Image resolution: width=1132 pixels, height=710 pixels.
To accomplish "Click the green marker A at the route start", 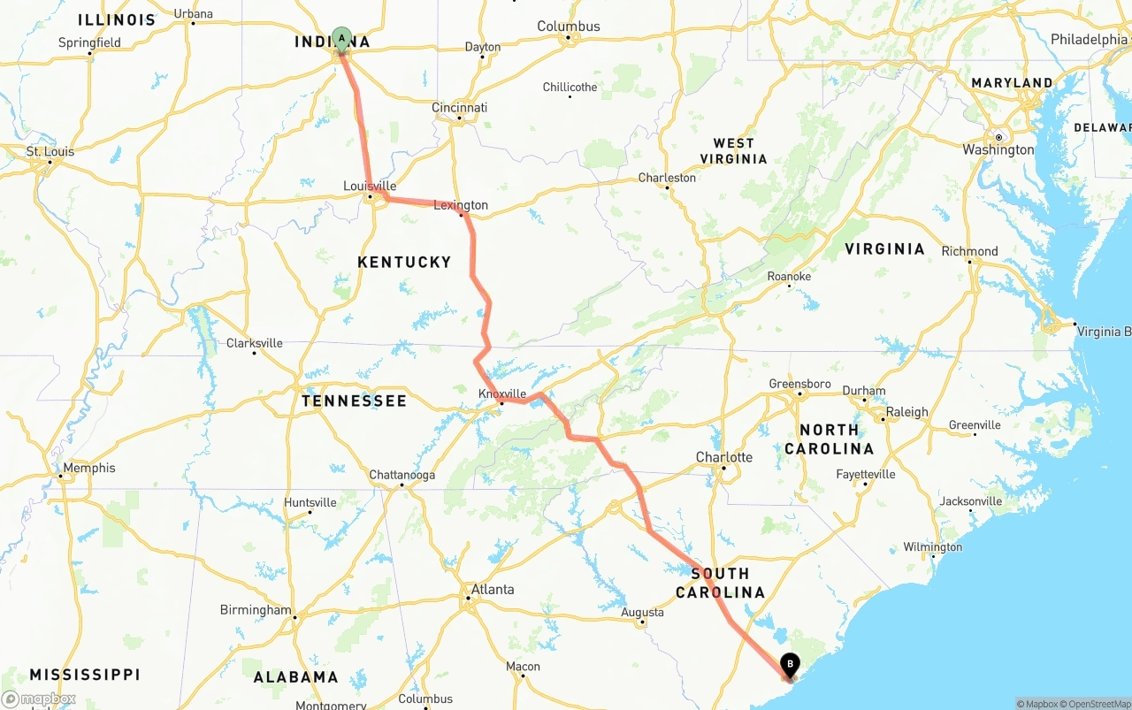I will [341, 39].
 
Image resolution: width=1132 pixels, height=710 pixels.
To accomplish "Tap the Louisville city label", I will [370, 186].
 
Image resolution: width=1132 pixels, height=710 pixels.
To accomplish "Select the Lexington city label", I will [460, 205].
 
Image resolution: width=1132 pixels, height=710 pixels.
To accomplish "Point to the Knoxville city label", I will [501, 393].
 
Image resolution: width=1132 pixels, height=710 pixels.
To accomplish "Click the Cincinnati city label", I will [459, 107].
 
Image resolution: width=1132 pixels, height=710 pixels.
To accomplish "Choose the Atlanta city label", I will [492, 590].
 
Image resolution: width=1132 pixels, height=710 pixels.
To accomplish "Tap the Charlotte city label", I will [723, 457].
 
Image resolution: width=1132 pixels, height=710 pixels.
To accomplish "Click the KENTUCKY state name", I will [404, 262].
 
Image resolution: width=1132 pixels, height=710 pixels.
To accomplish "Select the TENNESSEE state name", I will [354, 401].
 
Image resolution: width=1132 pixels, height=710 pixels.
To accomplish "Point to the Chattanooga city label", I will [402, 475].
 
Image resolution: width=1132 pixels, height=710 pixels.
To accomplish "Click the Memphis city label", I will [88, 468].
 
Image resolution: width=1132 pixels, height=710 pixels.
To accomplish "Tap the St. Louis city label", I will [50, 151].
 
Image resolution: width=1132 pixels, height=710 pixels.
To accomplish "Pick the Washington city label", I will [998, 149].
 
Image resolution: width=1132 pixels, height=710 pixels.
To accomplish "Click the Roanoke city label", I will [789, 276].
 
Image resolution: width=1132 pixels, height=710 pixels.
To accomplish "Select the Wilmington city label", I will [932, 547].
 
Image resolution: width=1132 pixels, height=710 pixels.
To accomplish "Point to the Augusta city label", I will [642, 612].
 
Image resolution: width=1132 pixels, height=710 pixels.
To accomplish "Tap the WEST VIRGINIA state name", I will [733, 151].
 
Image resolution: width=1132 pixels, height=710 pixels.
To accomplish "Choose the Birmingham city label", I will [255, 610].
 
